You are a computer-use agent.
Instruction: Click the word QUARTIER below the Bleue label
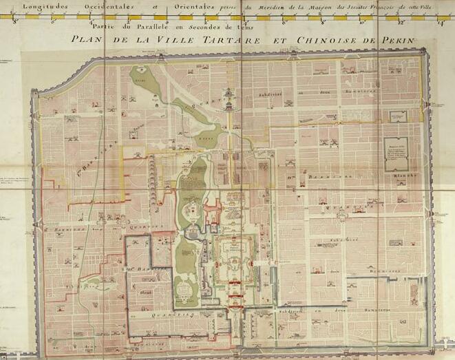click(172, 311)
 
